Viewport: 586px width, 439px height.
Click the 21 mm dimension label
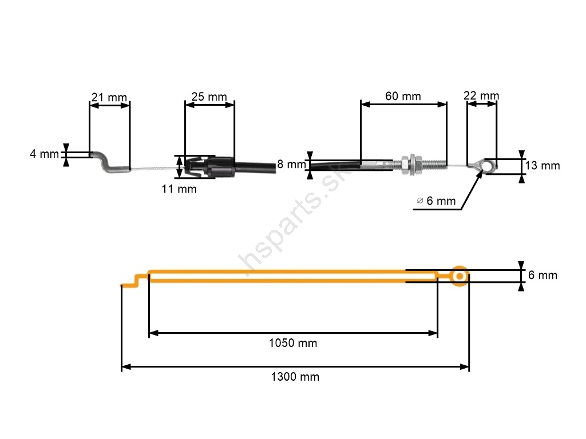pyautogui.click(x=109, y=97)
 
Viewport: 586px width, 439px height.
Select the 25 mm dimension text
pyautogui.click(x=209, y=97)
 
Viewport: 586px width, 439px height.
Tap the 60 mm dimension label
pyautogui.click(x=403, y=96)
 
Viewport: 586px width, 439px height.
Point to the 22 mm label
pyautogui.click(x=481, y=95)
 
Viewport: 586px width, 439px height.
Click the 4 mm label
pyautogui.click(x=45, y=154)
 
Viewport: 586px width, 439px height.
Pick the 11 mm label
pyautogui.click(x=179, y=189)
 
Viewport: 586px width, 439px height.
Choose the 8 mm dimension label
pyautogui.click(x=292, y=164)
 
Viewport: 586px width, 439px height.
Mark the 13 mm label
pyautogui.click(x=543, y=165)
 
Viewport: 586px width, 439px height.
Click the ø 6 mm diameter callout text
pyautogui.click(x=436, y=201)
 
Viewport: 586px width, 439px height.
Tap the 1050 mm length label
pyautogui.click(x=293, y=343)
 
